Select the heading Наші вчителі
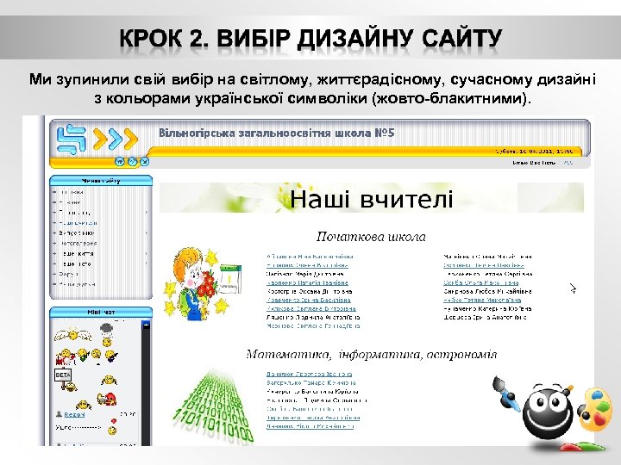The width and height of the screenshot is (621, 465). [371, 201]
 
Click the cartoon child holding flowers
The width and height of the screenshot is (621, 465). [195, 280]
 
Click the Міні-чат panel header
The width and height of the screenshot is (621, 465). [100, 313]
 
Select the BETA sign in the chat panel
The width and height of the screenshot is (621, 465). [63, 375]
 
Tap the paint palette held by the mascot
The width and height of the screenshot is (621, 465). [593, 410]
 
